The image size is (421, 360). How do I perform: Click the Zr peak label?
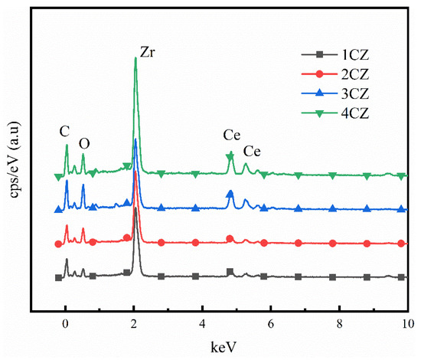tap(148, 53)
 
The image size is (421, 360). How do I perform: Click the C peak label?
tap(64, 131)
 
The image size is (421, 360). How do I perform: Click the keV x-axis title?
tap(220, 347)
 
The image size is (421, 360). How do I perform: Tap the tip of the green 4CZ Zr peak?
tap(135, 58)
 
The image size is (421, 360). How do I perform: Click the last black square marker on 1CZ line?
tap(402, 277)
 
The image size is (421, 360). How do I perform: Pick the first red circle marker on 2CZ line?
tap(58, 244)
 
